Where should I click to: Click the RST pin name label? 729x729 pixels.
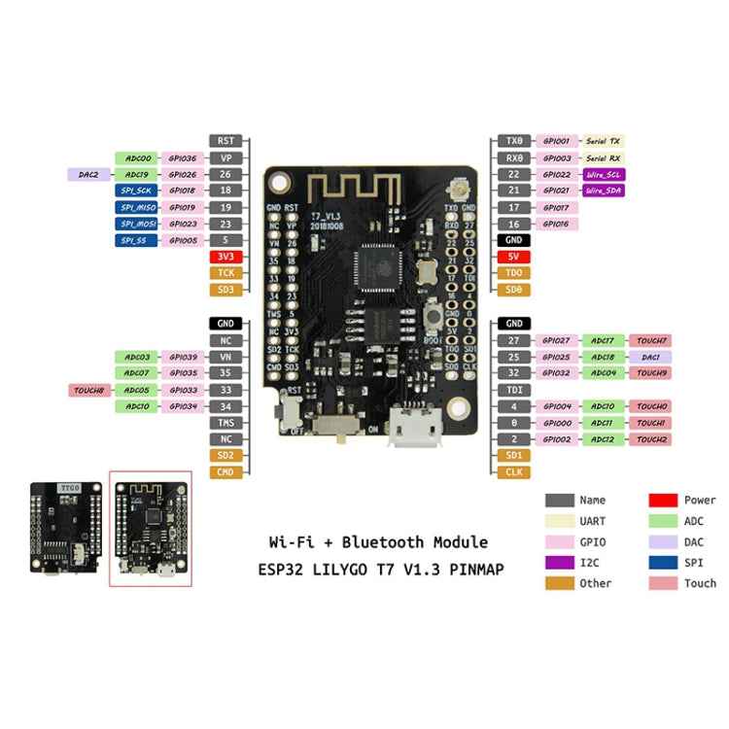coord(226,141)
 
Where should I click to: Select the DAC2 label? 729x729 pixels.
coord(88,175)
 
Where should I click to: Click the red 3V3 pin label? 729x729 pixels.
coord(226,257)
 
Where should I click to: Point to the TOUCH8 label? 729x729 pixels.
coord(88,390)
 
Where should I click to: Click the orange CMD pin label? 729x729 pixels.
coord(226,472)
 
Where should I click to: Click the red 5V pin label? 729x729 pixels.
coord(513,257)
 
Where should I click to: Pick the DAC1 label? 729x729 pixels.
coord(650,357)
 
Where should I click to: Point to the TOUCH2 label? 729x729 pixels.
coord(650,439)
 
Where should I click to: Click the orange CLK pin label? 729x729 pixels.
coord(513,472)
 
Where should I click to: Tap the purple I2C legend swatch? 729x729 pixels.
coord(559,562)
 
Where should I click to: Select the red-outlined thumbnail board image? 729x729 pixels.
coord(150,530)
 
